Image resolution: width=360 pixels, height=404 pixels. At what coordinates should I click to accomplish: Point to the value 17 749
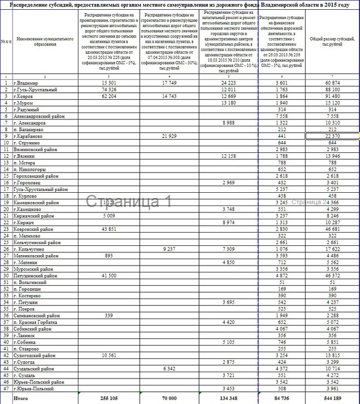[169, 83]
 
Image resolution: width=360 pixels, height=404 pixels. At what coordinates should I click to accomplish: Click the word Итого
[21, 398]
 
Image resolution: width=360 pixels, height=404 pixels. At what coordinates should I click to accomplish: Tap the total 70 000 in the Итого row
[168, 398]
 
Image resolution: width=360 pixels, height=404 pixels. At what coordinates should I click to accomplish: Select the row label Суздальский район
[34, 368]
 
